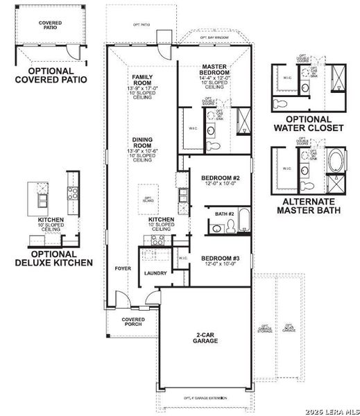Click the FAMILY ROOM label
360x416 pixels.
(143, 80)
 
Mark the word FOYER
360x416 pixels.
(123, 268)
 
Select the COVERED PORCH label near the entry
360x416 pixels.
(132, 322)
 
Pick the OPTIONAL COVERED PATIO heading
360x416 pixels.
(51, 74)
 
